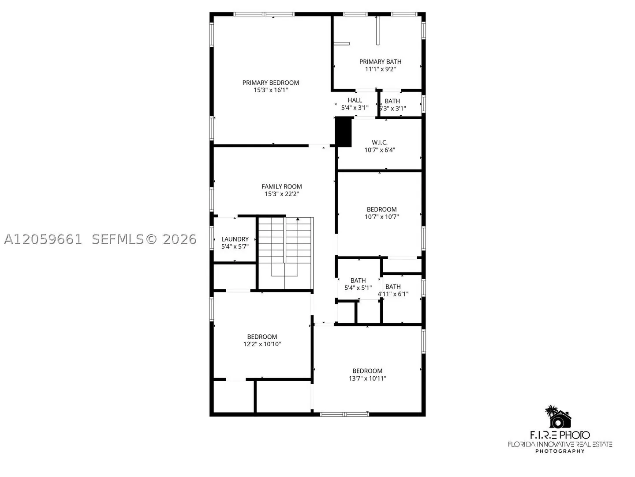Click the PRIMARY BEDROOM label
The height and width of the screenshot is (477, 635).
point(270,83)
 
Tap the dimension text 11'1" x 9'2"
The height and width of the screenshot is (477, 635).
point(380,69)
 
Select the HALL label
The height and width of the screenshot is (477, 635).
point(355,101)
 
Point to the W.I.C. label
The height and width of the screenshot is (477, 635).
point(380,143)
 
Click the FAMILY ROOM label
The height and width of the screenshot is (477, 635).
point(281,187)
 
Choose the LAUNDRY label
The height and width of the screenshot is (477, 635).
point(235,239)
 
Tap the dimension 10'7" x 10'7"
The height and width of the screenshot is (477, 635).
point(381,217)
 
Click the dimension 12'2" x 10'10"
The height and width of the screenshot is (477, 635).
point(262,344)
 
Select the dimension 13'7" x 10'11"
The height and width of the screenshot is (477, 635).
point(367,379)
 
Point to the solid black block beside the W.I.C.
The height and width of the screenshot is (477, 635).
point(344,132)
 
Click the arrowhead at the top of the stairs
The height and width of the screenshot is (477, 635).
point(298,219)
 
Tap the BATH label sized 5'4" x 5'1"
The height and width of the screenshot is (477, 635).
point(358,280)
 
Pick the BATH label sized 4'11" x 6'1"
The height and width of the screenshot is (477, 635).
point(393,287)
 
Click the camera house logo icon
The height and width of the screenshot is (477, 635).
point(559,417)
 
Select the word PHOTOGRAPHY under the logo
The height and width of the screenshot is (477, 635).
point(560,451)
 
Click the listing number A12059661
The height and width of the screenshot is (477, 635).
point(43,239)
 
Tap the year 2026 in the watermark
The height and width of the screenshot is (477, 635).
point(179,239)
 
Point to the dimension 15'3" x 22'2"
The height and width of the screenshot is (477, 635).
point(281,194)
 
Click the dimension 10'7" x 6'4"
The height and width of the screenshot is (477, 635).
point(380,150)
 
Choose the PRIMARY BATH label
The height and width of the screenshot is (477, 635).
point(380,62)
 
